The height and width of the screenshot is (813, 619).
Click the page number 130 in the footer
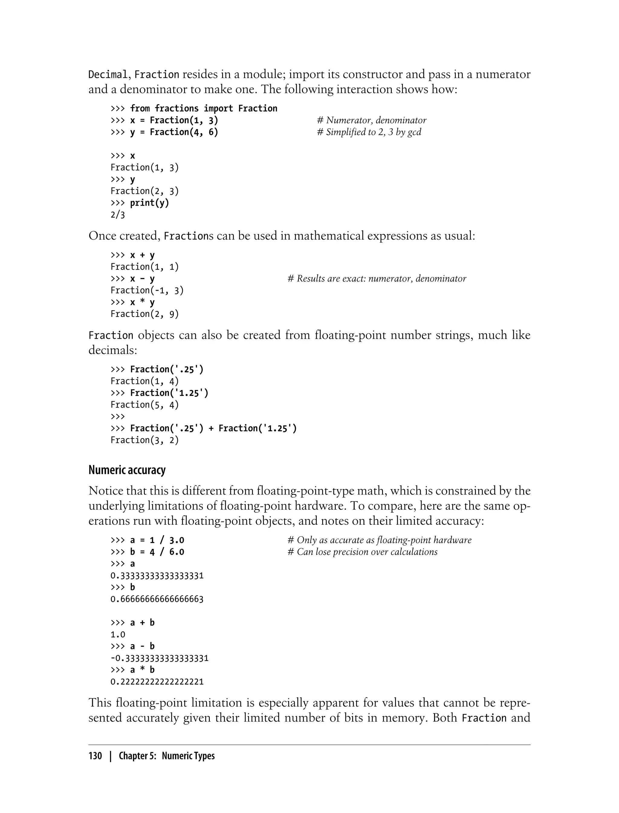tap(95, 756)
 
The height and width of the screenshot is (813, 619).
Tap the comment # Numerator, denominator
tap(371, 120)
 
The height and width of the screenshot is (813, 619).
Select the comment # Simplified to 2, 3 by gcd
tap(369, 132)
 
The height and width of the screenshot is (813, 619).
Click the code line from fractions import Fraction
tap(203, 108)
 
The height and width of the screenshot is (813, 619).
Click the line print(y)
tap(149, 203)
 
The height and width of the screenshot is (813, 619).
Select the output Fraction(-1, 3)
tap(147, 291)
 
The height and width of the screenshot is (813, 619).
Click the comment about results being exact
tap(377, 279)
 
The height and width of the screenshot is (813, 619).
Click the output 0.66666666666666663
tap(157, 599)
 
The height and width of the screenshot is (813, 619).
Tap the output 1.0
tap(118, 635)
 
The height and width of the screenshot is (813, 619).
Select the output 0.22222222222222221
tap(157, 682)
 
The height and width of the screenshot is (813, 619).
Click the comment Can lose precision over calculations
tap(362, 552)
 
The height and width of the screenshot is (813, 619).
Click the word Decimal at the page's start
tap(108, 75)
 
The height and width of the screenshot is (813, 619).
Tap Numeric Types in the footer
tap(188, 756)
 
